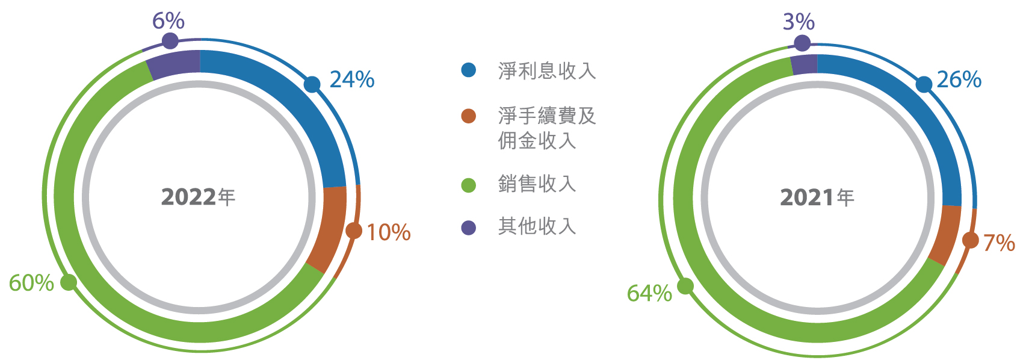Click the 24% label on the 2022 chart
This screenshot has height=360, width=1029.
click(x=352, y=79)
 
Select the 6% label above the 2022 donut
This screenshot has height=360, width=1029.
click(x=168, y=21)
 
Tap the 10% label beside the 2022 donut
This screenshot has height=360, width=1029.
click(x=389, y=232)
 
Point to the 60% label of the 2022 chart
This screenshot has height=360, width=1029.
click(x=31, y=283)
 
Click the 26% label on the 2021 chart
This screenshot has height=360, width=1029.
click(x=959, y=80)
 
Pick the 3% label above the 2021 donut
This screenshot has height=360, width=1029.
click(x=799, y=22)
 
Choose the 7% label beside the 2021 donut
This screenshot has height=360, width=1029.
click(x=999, y=243)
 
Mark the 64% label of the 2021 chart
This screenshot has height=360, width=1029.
click(x=649, y=293)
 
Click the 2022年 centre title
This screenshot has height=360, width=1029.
click(x=199, y=197)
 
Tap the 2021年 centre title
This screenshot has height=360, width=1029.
click(x=817, y=197)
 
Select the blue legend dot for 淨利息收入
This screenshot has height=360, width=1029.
click(x=469, y=70)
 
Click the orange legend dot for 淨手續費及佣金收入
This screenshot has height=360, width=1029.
click(x=469, y=116)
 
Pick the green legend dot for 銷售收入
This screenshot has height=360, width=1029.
click(x=469, y=185)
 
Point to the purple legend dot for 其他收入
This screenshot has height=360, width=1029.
click(x=469, y=228)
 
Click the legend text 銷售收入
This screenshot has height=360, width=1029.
click(x=537, y=184)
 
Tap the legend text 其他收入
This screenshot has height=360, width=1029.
click(x=537, y=226)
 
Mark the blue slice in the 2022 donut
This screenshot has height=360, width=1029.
click(x=294, y=106)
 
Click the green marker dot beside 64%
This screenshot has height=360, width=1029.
click(x=685, y=287)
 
